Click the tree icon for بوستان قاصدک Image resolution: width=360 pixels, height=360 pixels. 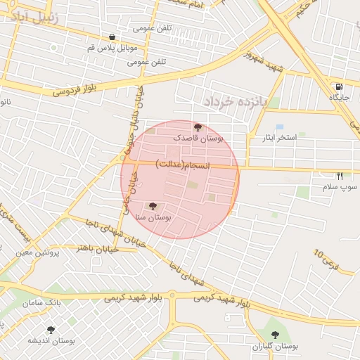197,127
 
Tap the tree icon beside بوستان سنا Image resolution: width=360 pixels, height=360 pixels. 153,206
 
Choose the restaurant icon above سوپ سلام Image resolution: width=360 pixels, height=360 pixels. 340,176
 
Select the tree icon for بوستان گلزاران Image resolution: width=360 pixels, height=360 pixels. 274,335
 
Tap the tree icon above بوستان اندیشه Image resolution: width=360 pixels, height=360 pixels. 50,329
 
